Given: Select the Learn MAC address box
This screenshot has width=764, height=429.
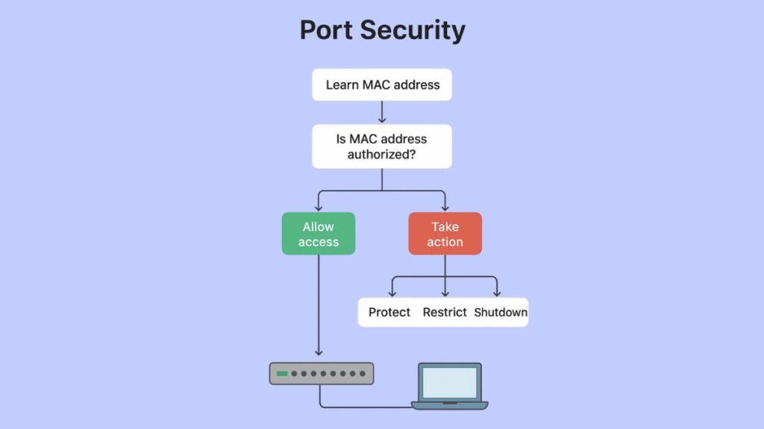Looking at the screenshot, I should coord(382,84).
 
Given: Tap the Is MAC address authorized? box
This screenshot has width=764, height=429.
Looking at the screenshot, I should coord(382,146).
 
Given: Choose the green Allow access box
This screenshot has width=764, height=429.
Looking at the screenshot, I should coord(319,234).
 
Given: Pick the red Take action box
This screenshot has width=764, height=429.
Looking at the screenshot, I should coord(445,234).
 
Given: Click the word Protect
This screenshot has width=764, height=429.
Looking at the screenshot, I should coord(389,312).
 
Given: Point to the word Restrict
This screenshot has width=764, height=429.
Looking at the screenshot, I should coord(445,312).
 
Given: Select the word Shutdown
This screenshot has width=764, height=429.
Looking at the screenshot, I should coord(501,312).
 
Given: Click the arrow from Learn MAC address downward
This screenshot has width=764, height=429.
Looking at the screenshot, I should coord(382,112).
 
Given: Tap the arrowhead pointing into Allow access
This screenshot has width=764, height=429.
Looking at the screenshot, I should coord(319,207).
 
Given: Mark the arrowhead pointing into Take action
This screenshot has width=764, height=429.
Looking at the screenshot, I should coord(445,207).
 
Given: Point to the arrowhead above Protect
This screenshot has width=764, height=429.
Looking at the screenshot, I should coord(392,293).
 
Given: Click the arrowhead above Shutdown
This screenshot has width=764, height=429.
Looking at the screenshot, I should coord(497,293).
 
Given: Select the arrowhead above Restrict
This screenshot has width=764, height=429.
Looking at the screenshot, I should coord(445,293).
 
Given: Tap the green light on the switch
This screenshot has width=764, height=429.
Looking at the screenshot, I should coord(282,373).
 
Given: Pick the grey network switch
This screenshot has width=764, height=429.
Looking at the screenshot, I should coord(322,373).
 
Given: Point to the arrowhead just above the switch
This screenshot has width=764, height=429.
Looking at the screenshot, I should coord(319,352).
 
